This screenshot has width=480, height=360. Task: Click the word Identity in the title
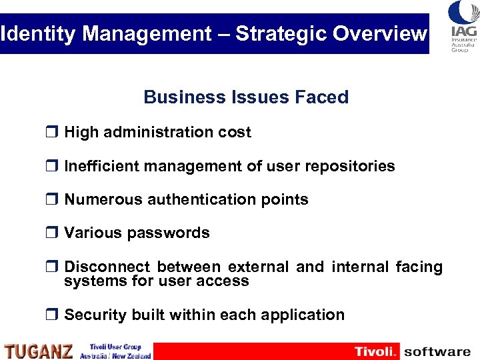coord(37,34)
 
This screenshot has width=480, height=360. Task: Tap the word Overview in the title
coord(382,34)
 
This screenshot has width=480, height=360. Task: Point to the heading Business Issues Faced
coord(246,97)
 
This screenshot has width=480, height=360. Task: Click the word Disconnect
coord(107,267)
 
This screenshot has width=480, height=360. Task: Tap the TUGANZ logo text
coord(39,351)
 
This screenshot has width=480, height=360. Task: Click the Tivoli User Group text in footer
coord(115,347)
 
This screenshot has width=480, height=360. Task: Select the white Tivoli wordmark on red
coord(375,351)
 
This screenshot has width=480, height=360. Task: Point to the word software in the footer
coord(437,351)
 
